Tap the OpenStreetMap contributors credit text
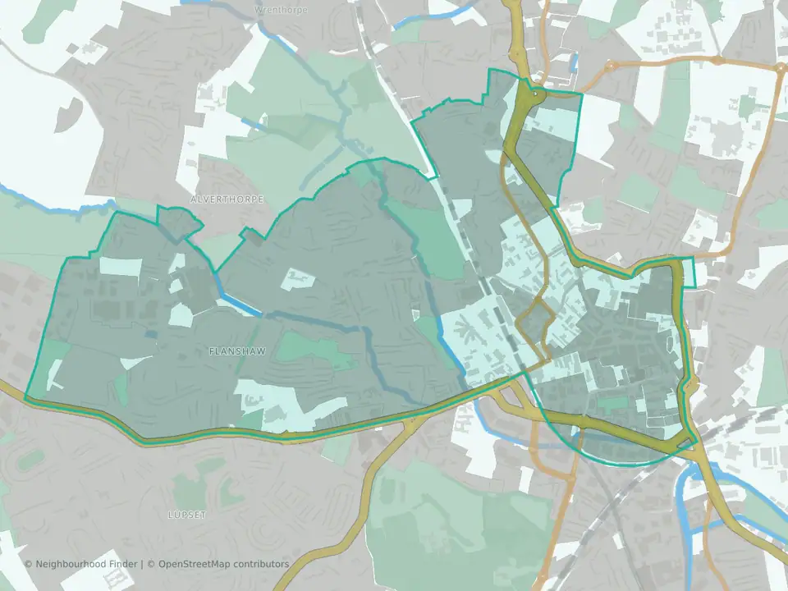(x=223, y=564)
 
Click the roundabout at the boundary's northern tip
(x=535, y=98)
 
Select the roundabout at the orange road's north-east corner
(x=775, y=69)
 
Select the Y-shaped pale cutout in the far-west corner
(x=55, y=373)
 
